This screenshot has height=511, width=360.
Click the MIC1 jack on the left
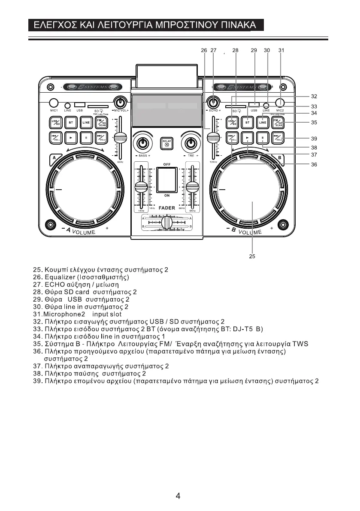coord(54,103)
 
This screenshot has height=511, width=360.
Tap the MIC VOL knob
coord(121,103)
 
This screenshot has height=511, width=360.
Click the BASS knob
coord(142,142)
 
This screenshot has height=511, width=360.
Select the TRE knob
coord(190,142)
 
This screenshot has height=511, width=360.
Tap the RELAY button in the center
coord(166,142)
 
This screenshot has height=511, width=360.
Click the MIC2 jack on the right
coord(280,103)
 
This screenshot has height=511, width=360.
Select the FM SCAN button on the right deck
coord(278,122)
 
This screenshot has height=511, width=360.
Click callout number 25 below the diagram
coord(252,257)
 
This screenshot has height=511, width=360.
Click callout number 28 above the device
coord(235,50)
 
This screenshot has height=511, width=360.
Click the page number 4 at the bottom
coord(178,496)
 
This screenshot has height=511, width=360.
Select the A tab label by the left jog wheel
coord(54,158)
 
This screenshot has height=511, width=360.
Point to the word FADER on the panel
coord(167,208)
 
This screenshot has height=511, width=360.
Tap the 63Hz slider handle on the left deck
coord(121,138)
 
